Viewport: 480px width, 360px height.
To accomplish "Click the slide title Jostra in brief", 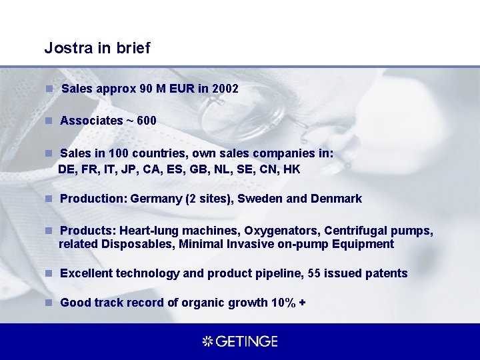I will tap(97, 48).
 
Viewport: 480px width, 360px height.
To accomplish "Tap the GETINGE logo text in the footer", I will tap(246, 341).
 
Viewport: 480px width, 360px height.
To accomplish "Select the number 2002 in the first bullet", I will tap(225, 89).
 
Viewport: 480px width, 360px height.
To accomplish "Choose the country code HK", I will tap(292, 169).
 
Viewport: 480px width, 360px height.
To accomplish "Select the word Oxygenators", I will tap(281, 231).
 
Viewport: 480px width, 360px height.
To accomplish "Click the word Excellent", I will tap(86, 273).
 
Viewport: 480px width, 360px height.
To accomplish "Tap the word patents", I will tap(385, 273).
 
